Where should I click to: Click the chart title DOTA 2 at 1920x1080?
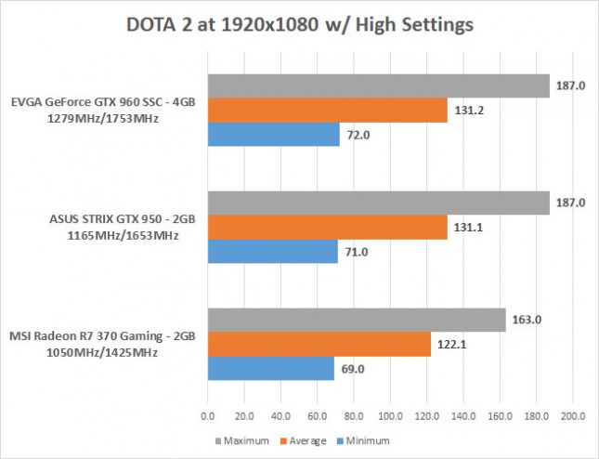tap(299, 25)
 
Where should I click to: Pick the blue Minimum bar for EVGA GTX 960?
tap(273, 135)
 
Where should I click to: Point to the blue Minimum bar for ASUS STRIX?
tap(272, 252)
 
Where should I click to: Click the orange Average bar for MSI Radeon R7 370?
tap(319, 345)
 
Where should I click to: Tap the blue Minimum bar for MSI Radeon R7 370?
tap(270, 369)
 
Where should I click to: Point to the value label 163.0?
tap(526, 320)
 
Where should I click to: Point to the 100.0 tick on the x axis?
tap(390, 414)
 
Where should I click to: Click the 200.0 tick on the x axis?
tap(573, 414)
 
